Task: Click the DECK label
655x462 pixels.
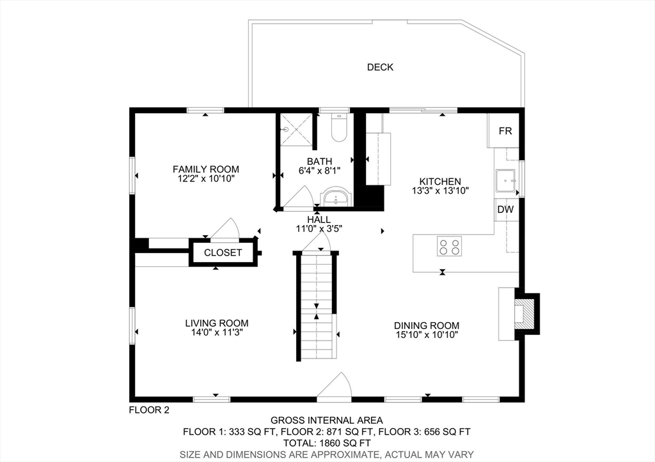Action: (x=380, y=67)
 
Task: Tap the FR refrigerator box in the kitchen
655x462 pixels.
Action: (x=503, y=130)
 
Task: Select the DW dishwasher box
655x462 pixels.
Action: (x=505, y=210)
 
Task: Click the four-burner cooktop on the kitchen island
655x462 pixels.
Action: (x=450, y=246)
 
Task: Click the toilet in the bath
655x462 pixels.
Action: (x=339, y=127)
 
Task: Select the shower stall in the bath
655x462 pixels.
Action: (x=296, y=130)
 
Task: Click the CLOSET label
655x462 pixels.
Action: (x=223, y=252)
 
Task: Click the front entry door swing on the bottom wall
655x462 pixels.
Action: (x=335, y=387)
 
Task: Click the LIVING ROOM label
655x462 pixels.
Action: (x=217, y=323)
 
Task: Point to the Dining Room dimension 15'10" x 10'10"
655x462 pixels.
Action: (x=427, y=335)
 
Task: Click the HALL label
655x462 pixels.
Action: (x=319, y=220)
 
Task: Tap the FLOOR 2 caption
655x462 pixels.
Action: (x=149, y=410)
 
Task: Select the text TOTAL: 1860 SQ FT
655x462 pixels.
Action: (x=327, y=443)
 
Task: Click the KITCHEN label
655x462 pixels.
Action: (x=440, y=181)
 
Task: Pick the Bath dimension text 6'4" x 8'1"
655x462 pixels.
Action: (x=320, y=171)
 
